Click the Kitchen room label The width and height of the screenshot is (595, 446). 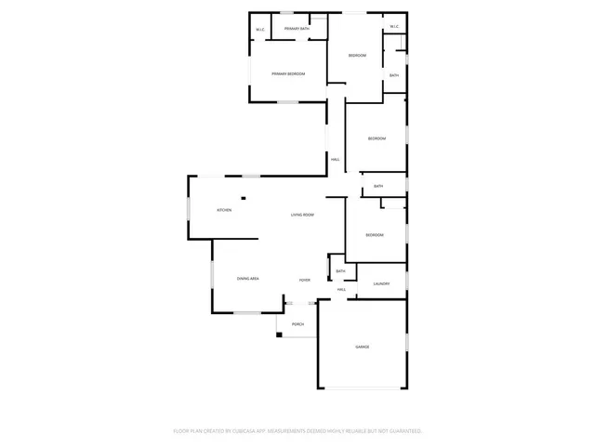tap(224, 211)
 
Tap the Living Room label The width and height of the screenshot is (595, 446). tap(302, 215)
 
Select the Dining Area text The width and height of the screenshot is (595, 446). tap(247, 279)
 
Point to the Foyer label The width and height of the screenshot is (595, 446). tap(304, 279)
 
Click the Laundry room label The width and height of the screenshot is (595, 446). tap(381, 283)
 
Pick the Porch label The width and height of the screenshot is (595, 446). tap(298, 324)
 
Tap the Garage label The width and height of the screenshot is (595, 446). tap(362, 347)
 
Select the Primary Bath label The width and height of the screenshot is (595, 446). tap(297, 30)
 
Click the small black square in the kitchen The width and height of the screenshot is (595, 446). tap(244, 197)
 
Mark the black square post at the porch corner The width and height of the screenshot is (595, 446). tap(278, 334)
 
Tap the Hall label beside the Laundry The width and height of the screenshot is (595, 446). tap(342, 290)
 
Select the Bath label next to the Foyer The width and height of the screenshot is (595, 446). tap(340, 271)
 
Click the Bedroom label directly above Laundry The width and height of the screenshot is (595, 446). tap(375, 235)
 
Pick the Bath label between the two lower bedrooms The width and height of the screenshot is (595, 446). tap(378, 186)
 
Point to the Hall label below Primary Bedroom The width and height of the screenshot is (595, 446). tap(335, 160)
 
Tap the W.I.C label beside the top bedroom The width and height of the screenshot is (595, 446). tap(394, 26)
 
